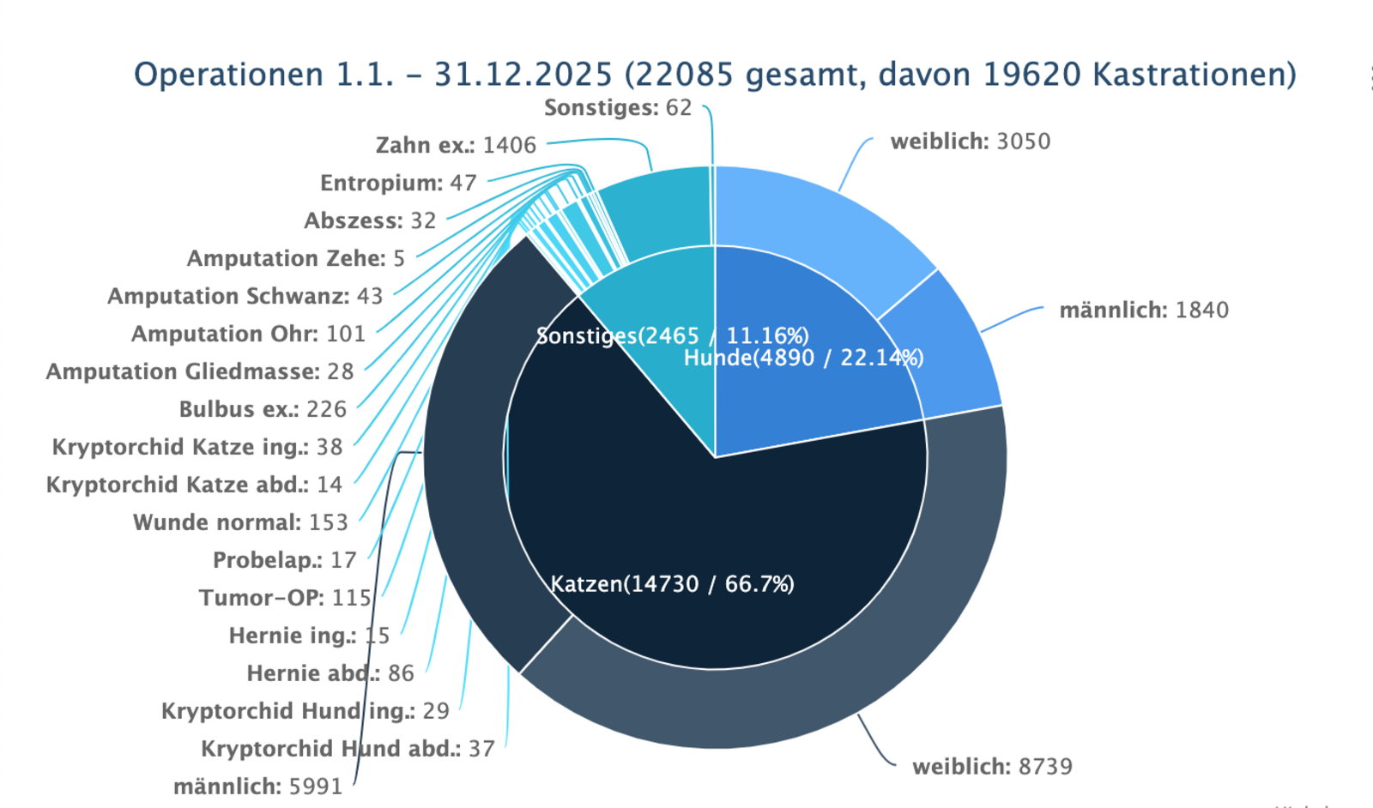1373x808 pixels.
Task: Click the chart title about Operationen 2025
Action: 714,75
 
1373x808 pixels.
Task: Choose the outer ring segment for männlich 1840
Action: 944,343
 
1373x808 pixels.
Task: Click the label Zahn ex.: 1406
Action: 456,145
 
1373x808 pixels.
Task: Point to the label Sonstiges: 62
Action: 617,107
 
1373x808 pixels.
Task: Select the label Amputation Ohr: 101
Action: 248,334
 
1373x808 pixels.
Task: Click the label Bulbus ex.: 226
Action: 263,409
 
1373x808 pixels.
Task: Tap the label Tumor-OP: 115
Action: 285,598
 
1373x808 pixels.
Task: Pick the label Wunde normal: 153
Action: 240,522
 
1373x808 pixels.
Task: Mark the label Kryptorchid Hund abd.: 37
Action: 348,749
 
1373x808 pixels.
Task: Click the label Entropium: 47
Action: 398,183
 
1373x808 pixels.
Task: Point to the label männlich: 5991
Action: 257,787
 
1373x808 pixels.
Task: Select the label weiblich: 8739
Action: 992,766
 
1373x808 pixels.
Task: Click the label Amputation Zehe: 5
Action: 295,258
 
